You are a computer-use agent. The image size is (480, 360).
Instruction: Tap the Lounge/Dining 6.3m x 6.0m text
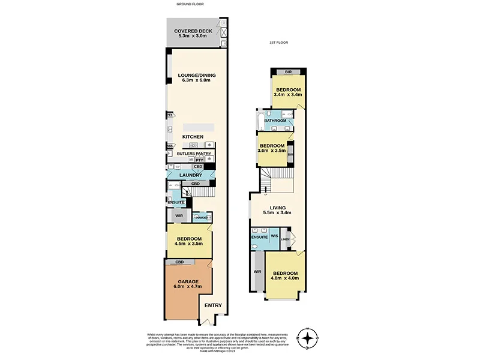coord(196,78)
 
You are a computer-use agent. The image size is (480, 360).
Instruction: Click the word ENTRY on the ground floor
coord(214,305)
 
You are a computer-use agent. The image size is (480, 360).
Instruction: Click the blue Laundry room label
coord(191,175)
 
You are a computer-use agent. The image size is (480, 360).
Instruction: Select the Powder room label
coord(201,217)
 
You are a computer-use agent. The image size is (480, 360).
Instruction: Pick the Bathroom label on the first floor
coord(275,121)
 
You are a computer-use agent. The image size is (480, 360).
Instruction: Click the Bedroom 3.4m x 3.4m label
coord(287,92)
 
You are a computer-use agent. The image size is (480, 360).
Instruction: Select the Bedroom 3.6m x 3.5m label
coord(272,148)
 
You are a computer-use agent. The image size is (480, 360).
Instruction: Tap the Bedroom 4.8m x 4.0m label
coord(285,276)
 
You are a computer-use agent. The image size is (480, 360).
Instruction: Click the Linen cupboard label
coord(285,239)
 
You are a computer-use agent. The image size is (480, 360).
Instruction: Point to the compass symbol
coord(308,339)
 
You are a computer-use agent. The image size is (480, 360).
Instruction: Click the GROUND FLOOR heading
coord(190,4)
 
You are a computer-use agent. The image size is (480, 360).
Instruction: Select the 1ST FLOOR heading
coord(279,43)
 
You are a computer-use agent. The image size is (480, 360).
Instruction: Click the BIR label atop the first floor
coord(288,72)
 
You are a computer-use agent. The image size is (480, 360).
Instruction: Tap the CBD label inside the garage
coord(179,263)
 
